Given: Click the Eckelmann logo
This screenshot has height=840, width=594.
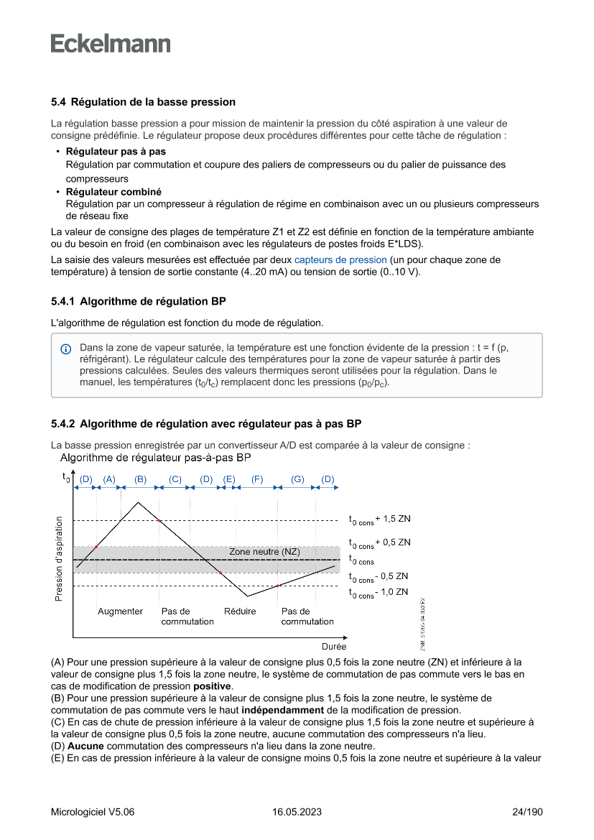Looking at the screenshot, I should tap(111, 44).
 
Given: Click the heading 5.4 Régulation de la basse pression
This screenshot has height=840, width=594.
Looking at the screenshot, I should tap(143, 102).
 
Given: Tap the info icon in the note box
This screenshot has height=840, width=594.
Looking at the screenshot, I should tap(65, 349).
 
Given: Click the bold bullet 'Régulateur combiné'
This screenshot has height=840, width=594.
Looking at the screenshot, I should tap(113, 192).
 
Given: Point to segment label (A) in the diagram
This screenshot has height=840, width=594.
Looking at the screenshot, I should tap(109, 479).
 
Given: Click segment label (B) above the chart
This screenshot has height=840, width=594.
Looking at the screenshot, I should tap(140, 479).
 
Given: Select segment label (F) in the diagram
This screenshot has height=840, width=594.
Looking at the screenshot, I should tap(257, 479).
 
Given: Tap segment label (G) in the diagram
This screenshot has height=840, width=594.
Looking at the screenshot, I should tap(297, 479).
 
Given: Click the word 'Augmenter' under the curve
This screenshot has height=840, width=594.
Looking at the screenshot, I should tap(120, 611).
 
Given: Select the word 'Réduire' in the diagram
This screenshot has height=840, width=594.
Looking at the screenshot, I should tap(240, 611).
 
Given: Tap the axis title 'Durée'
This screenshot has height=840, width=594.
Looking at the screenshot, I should tap(334, 647).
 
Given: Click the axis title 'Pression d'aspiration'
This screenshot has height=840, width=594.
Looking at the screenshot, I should tap(58, 558).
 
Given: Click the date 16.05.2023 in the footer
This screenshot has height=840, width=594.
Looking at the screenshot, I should tap(297, 812).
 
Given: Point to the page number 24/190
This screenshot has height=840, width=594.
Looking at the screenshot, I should tap(527, 812).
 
